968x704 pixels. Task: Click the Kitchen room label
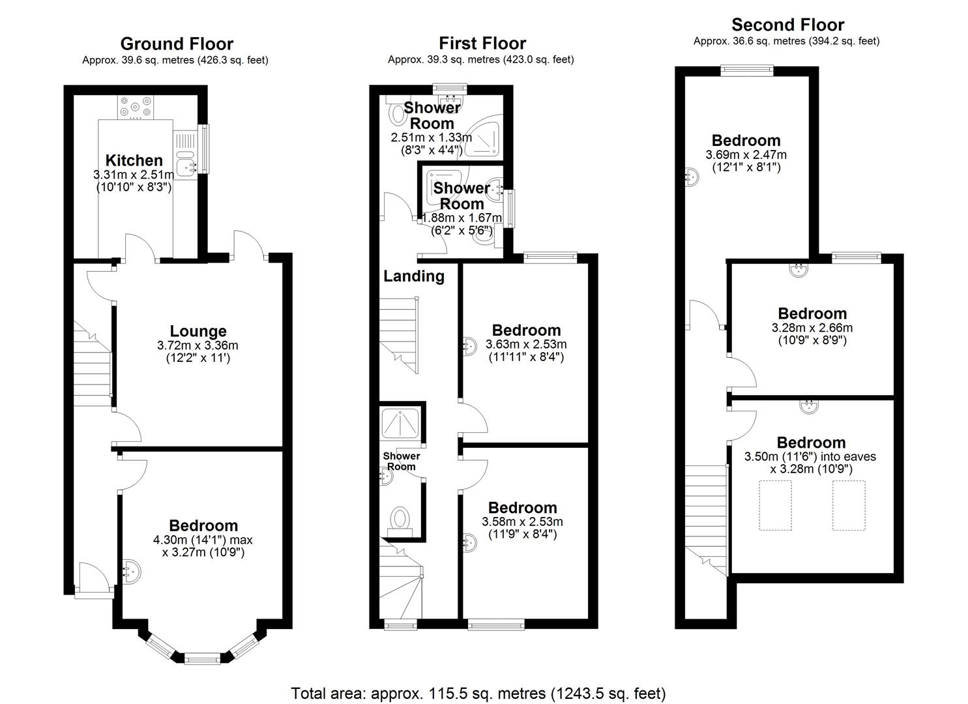(x=134, y=160)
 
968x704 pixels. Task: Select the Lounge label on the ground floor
(x=198, y=331)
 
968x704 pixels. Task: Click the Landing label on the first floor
(x=414, y=276)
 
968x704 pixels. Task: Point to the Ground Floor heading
(x=177, y=44)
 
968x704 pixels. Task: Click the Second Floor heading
(x=787, y=25)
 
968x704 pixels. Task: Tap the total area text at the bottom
(x=478, y=693)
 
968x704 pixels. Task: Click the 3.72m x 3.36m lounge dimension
(x=198, y=345)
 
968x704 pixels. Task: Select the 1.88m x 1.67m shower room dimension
(x=462, y=218)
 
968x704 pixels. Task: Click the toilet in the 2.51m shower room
(x=396, y=115)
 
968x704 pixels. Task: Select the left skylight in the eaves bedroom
(x=775, y=505)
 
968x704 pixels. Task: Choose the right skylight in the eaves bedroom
(x=849, y=505)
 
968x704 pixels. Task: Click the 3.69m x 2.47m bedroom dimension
(x=746, y=155)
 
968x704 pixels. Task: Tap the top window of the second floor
(x=747, y=70)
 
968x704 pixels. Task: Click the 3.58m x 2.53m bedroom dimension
(x=522, y=521)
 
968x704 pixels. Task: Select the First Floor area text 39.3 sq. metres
(x=480, y=59)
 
